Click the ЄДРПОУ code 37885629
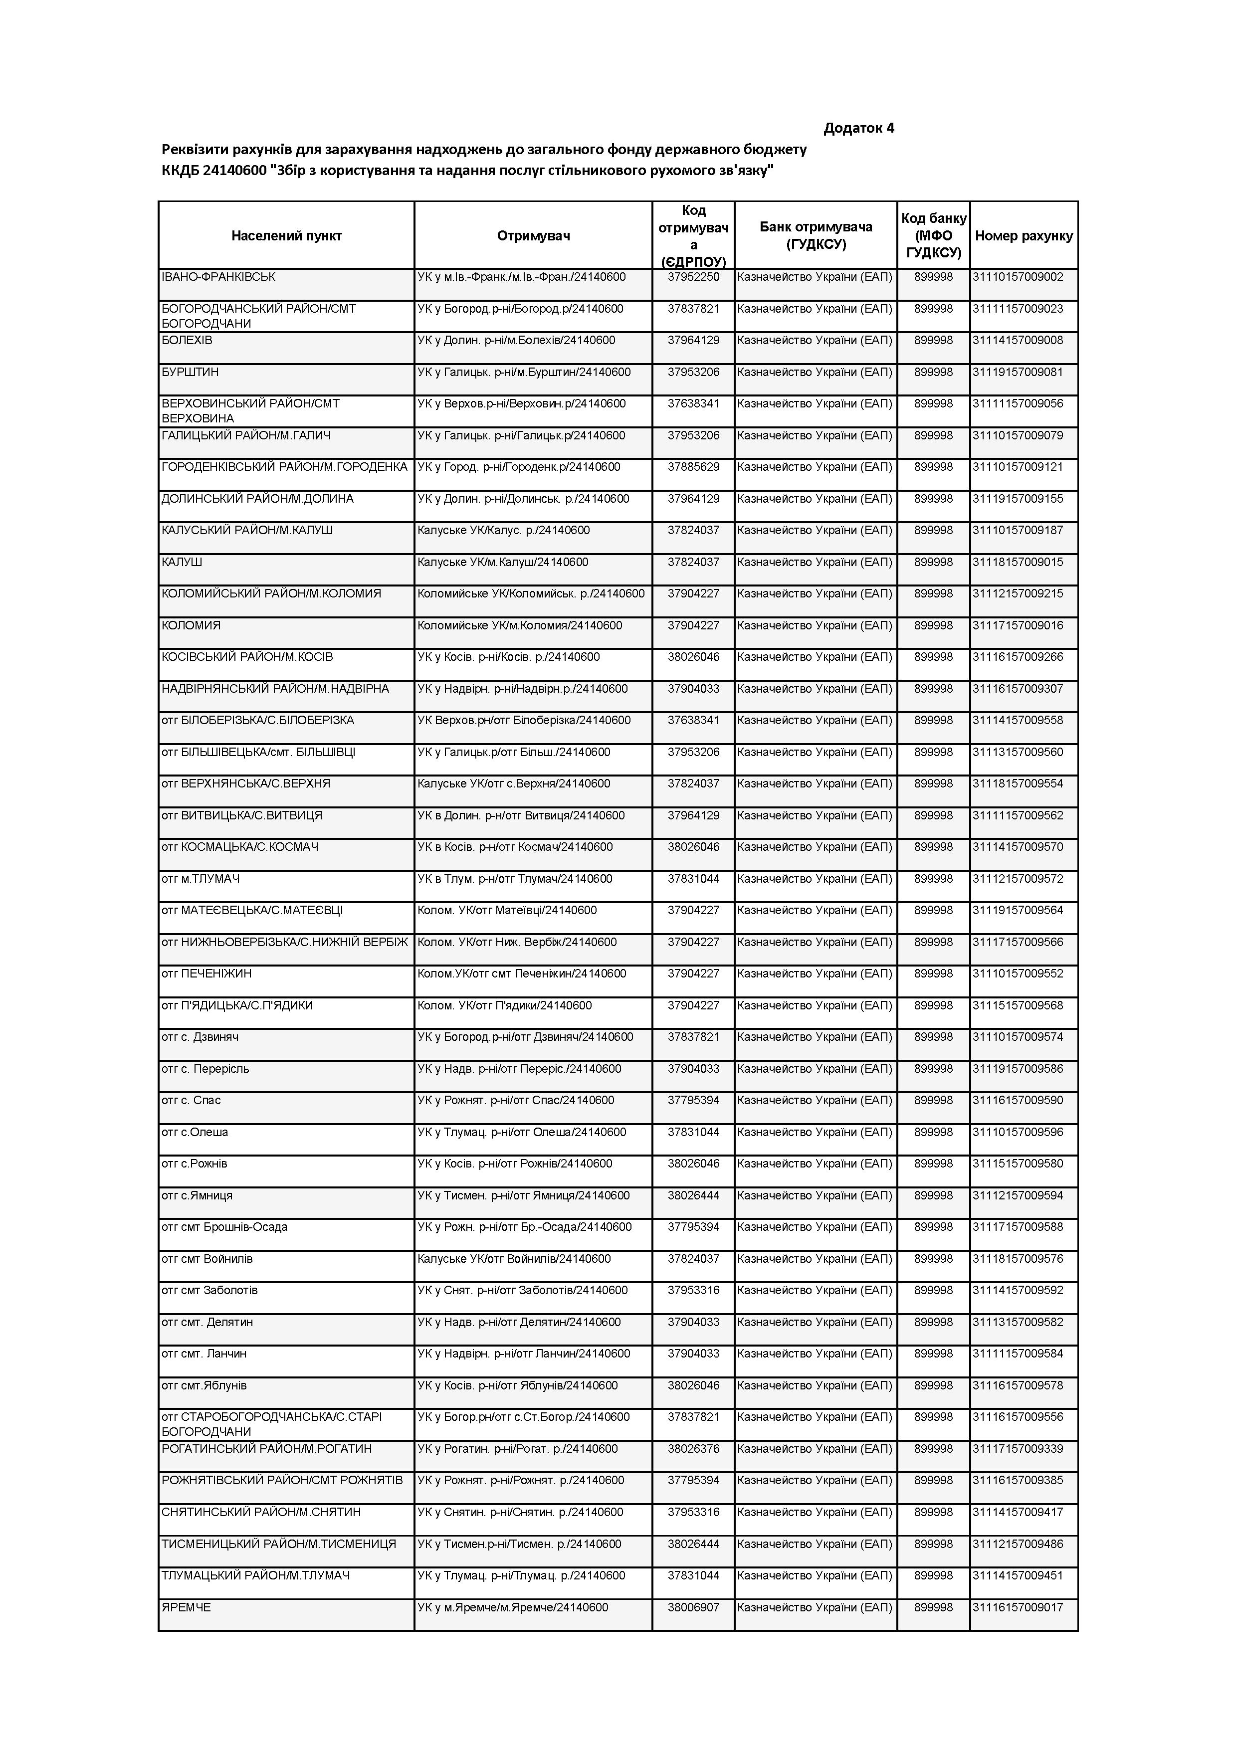pyautogui.click(x=693, y=467)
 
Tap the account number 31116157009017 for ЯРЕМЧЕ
pyautogui.click(x=1017, y=1607)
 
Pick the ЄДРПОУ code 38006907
pyautogui.click(x=693, y=1607)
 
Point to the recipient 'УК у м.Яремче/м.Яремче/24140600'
pyautogui.click(x=513, y=1607)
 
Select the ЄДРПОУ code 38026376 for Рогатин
pyautogui.click(x=693, y=1449)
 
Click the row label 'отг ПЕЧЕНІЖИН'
pyautogui.click(x=206, y=973)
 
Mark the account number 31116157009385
pyautogui.click(x=1017, y=1480)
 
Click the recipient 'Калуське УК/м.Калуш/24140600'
pyautogui.click(x=503, y=562)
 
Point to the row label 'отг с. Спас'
pyautogui.click(x=191, y=1100)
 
